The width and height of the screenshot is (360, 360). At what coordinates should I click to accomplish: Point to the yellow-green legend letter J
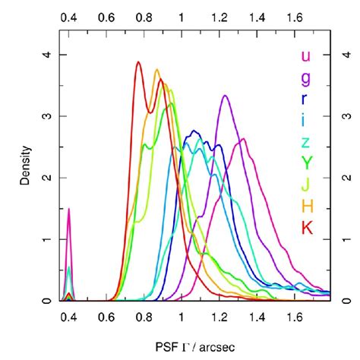pyautogui.click(x=305, y=183)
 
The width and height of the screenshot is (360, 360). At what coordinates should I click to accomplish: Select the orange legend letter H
pyautogui.click(x=305, y=205)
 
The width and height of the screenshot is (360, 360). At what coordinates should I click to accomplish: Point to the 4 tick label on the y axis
pyautogui.click(x=48, y=55)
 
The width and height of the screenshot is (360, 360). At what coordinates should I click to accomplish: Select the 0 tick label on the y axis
pyautogui.click(x=48, y=301)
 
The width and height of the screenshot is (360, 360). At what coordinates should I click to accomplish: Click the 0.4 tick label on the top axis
pyautogui.click(x=69, y=15)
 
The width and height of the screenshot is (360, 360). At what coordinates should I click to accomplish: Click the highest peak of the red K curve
pyautogui.click(x=138, y=63)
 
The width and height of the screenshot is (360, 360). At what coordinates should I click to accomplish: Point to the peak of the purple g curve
pyautogui.click(x=226, y=96)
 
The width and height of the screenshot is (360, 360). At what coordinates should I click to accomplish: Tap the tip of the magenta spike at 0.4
pyautogui.click(x=69, y=209)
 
